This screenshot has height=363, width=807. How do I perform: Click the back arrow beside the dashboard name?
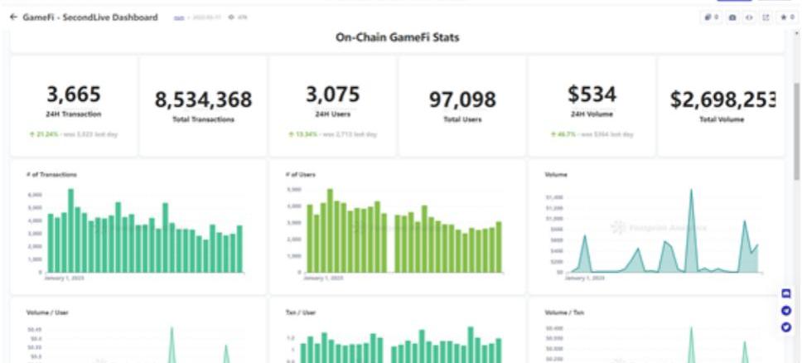13,17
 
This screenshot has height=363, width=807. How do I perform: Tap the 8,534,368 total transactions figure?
203,100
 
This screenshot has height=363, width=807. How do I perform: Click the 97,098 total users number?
462,100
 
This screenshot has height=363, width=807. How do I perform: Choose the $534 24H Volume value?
592,94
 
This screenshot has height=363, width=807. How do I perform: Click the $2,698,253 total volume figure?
721,100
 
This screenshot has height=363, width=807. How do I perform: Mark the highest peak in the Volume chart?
692,192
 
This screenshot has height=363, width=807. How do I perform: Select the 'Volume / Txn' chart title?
563,312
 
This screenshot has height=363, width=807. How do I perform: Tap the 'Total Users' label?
462,120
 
